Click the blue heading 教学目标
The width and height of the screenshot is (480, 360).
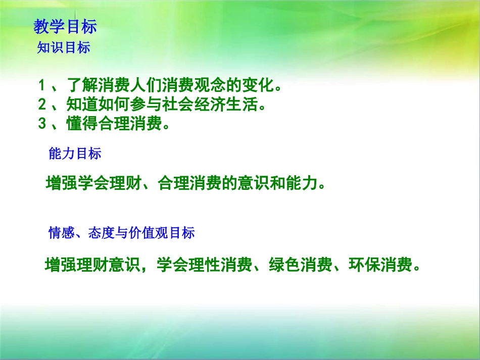pyautogui.click(x=65, y=26)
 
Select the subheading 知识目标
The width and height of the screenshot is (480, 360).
pyautogui.click(x=64, y=48)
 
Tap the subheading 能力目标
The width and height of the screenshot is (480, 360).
pyautogui.click(x=75, y=154)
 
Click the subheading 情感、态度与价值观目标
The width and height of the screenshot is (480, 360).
pyautogui.click(x=121, y=233)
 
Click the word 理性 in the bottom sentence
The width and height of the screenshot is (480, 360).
pyautogui.click(x=205, y=265)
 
